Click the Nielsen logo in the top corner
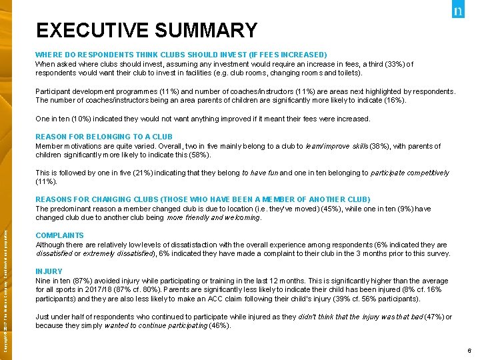click(457, 12)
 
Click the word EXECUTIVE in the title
click(92, 31)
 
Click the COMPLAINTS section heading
click(59, 235)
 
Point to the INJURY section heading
click(49, 271)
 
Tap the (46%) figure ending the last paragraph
click(219, 325)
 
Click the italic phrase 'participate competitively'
click(409, 173)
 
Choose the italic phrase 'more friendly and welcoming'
click(214, 217)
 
